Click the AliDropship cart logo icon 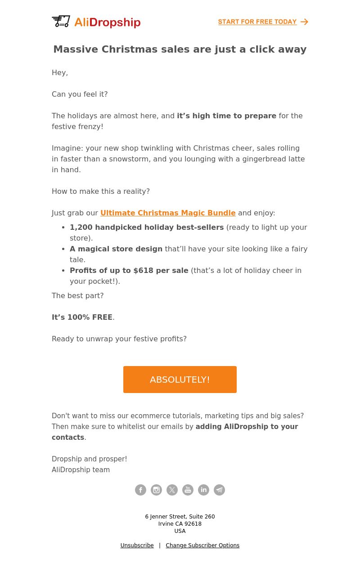click(x=61, y=22)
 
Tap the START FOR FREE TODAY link click(x=257, y=22)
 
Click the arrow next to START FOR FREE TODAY click(x=305, y=22)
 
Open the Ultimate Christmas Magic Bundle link click(x=168, y=213)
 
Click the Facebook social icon click(x=140, y=490)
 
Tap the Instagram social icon click(x=156, y=490)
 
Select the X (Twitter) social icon click(x=172, y=490)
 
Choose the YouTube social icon click(x=188, y=490)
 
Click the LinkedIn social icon click(x=203, y=490)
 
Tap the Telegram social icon click(x=219, y=490)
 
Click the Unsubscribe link click(x=137, y=545)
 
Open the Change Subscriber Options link click(x=202, y=545)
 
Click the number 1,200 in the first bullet click(x=81, y=228)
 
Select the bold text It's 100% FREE click(x=82, y=317)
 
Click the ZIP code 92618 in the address click(x=193, y=524)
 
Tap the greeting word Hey click(x=59, y=73)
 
